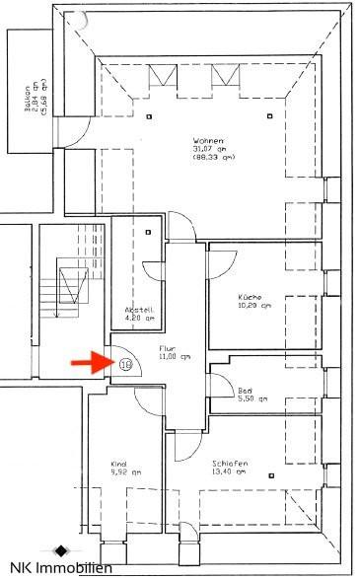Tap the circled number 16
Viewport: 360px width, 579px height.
pyautogui.click(x=125, y=363)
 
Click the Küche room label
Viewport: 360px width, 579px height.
pyautogui.click(x=250, y=297)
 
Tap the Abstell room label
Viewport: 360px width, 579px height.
pyautogui.click(x=138, y=309)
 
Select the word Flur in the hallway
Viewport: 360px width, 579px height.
pyautogui.click(x=166, y=347)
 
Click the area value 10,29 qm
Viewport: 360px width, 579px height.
pyautogui.click(x=253, y=306)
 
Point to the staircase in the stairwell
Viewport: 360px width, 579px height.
pyautogui.click(x=68, y=286)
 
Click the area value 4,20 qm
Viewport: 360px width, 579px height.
pyautogui.click(x=139, y=318)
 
